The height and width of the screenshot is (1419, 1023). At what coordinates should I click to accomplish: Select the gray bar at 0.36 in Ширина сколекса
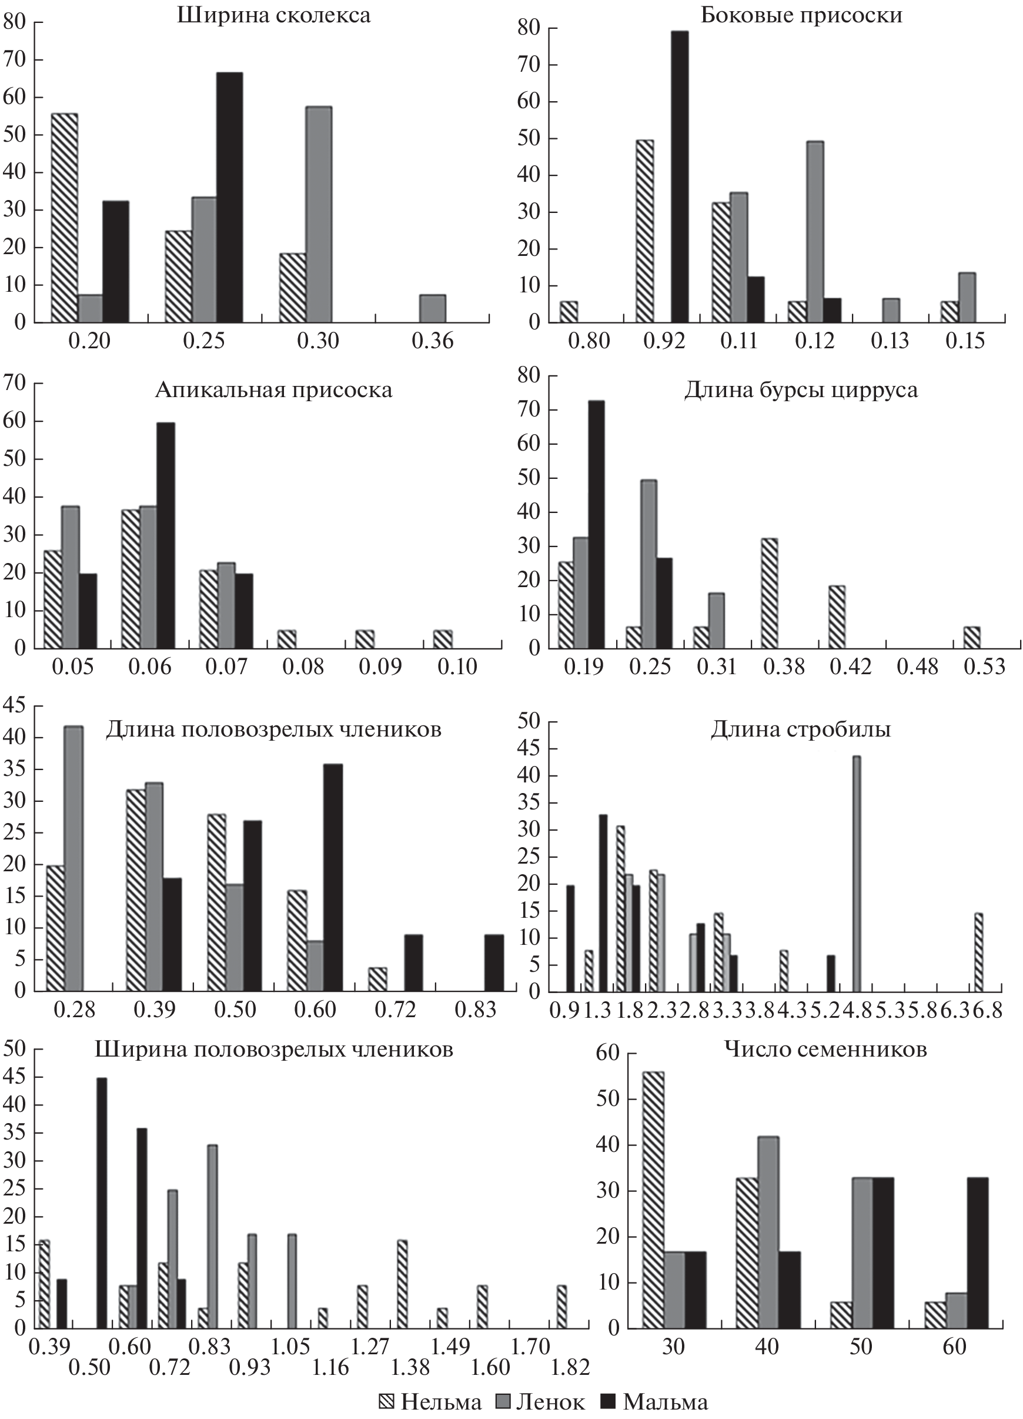coord(433,308)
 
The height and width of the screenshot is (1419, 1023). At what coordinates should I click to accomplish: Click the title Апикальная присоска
coord(274,391)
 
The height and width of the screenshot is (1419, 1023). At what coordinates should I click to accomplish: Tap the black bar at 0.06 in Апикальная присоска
coord(166,535)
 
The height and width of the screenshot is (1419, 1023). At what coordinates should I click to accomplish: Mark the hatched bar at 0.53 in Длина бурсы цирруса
coord(971,638)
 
